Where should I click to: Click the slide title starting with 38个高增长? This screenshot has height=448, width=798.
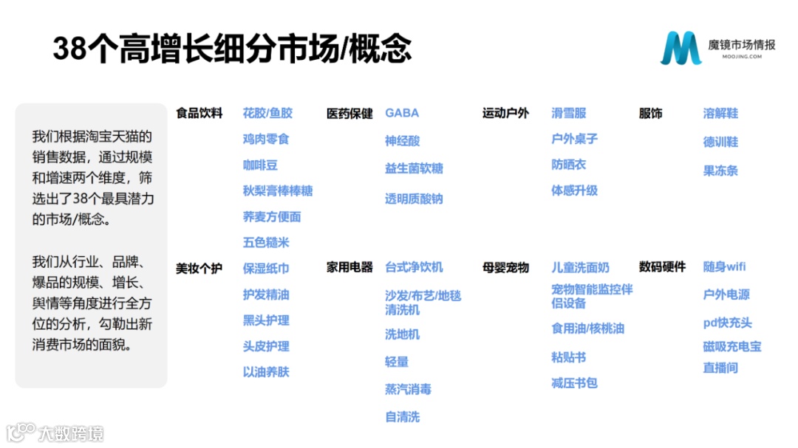(232, 49)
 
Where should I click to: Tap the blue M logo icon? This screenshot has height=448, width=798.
(681, 49)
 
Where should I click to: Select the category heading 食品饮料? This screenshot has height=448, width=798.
(199, 114)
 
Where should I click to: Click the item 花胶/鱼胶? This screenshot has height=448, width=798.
(267, 113)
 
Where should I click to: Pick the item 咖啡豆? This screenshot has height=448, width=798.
(260, 165)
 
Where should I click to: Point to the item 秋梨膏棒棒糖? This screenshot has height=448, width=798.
(278, 190)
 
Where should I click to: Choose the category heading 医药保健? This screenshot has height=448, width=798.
(349, 114)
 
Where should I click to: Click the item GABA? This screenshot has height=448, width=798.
(402, 113)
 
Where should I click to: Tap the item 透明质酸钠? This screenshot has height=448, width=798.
(414, 199)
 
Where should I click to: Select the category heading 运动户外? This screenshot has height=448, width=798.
(505, 114)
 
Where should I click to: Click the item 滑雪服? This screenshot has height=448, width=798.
(568, 113)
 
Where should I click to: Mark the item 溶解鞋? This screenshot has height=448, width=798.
(720, 113)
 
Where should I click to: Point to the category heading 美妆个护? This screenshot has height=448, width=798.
(199, 268)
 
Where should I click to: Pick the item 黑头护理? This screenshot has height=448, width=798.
(266, 320)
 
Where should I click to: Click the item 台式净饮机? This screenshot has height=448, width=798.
(414, 267)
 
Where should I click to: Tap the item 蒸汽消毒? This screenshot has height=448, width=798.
(408, 389)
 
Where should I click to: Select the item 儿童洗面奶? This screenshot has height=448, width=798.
(580, 267)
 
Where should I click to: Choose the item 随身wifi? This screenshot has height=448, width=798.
(724, 267)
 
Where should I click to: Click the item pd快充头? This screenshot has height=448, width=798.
(727, 323)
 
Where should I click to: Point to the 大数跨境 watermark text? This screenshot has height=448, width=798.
(72, 433)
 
